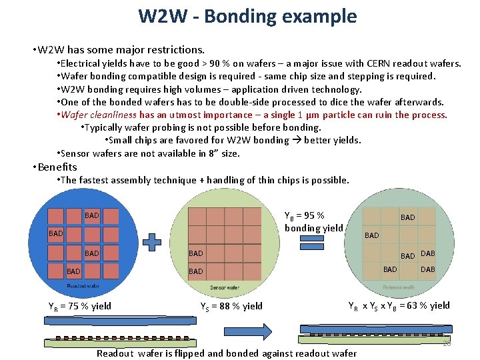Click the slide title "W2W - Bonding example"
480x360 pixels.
click(x=247, y=16)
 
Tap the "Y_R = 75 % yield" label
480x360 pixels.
click(x=80, y=307)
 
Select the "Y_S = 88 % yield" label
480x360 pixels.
click(x=231, y=307)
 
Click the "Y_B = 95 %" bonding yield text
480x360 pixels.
click(x=304, y=215)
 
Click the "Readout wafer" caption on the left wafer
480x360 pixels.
click(x=82, y=285)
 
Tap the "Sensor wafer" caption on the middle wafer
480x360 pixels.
click(x=225, y=287)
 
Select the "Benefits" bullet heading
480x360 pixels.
click(x=57, y=167)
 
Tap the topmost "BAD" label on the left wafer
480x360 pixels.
click(x=92, y=215)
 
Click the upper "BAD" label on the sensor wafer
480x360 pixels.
click(x=195, y=253)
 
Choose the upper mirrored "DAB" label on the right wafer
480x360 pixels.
click(x=427, y=253)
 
